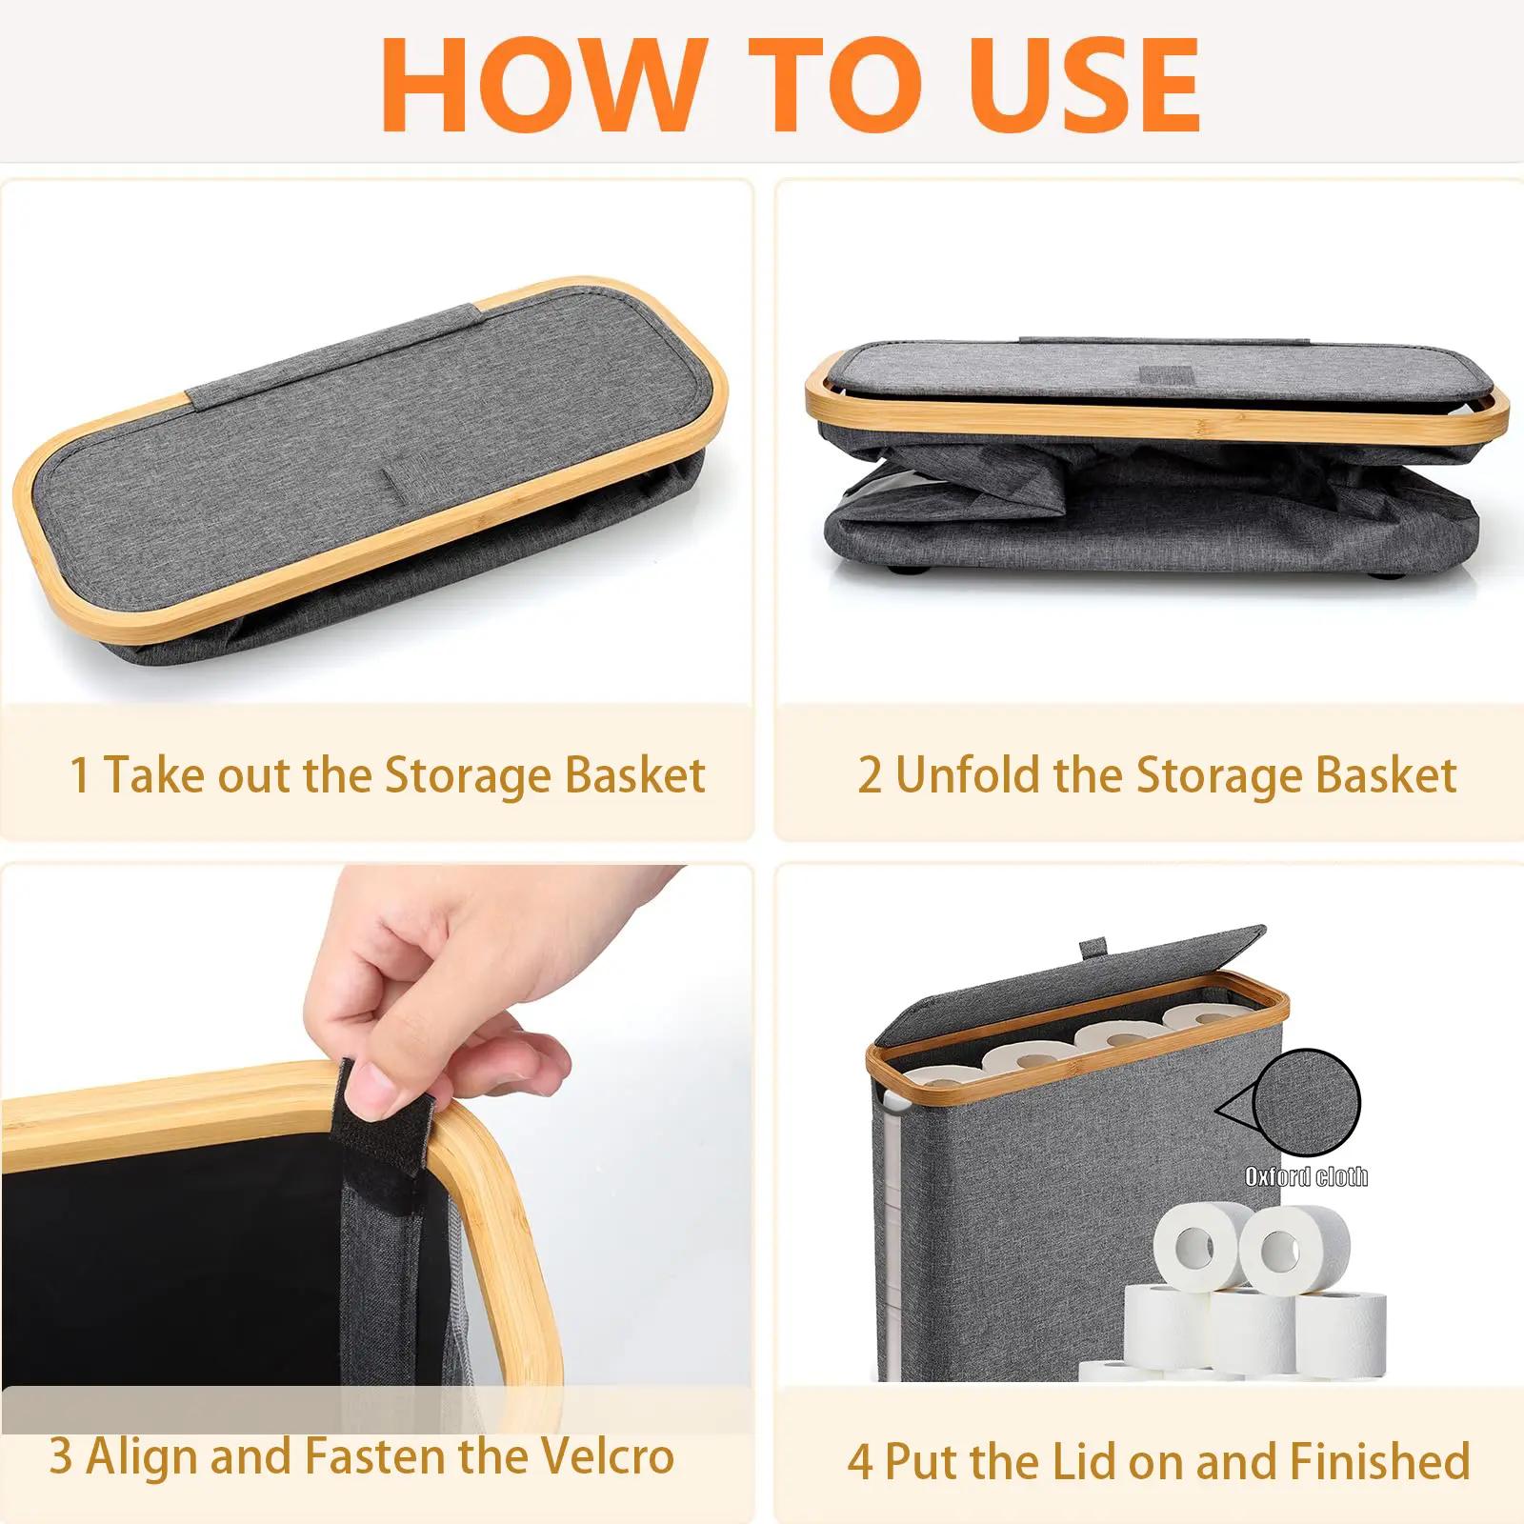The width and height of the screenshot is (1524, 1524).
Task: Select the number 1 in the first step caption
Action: tap(80, 774)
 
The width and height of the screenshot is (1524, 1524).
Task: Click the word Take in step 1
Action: tap(150, 774)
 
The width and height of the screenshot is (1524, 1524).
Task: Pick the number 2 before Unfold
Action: tap(870, 774)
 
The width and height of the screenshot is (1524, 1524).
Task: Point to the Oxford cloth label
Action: tap(1306, 1177)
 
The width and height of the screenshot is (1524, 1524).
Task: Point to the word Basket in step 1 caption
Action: tap(634, 774)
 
